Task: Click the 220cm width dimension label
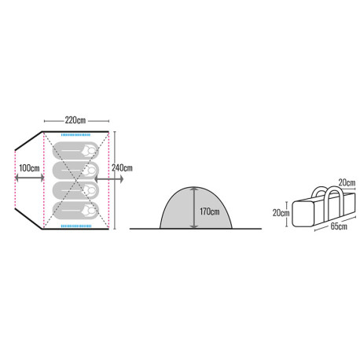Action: (75, 120)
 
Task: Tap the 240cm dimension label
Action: (122, 168)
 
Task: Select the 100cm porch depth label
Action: (29, 168)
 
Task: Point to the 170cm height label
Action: (210, 211)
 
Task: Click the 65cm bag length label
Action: (339, 226)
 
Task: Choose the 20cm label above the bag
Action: (347, 182)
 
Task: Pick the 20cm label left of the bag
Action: (281, 213)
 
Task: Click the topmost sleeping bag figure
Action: (75, 150)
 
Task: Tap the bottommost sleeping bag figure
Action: (75, 211)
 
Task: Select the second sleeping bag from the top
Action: (75, 171)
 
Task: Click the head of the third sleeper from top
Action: (90, 190)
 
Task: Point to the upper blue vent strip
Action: (75, 135)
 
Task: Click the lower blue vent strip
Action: (76, 226)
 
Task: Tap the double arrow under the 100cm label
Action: (29, 178)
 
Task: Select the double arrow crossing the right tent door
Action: (108, 179)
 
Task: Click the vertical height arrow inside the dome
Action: (194, 208)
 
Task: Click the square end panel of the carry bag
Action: (303, 214)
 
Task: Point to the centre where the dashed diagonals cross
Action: (76, 180)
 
